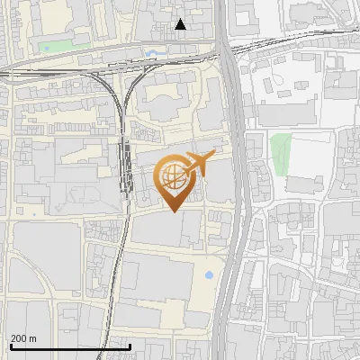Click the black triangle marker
coord(181,24)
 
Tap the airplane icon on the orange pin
coord(198,163)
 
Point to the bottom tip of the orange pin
coord(173,211)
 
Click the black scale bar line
coord(70,347)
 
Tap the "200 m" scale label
coord(23,338)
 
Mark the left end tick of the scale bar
coord(10,346)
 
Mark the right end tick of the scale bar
coord(130,346)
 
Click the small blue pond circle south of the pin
coord(210,274)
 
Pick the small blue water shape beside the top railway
coord(152,53)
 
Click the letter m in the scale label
coord(32,339)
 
